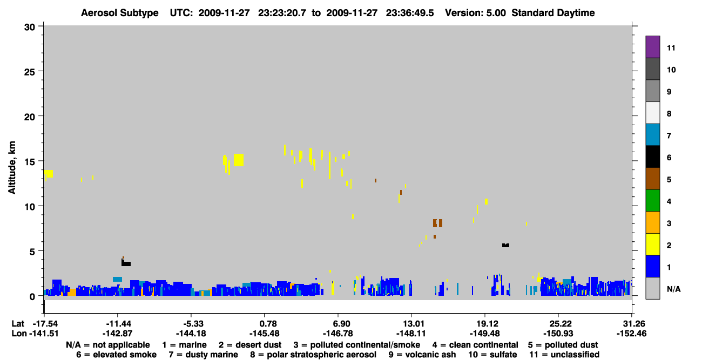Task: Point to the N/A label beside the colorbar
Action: click(x=673, y=289)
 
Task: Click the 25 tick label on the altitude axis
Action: click(x=30, y=72)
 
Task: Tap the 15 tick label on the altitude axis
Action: click(x=30, y=162)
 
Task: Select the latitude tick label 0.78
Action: click(x=264, y=324)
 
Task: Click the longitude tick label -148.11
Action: click(x=411, y=334)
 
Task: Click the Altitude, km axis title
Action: click(x=12, y=168)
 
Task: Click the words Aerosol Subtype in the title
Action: click(x=120, y=13)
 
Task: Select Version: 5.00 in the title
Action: click(x=475, y=13)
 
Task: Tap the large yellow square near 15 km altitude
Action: click(x=239, y=160)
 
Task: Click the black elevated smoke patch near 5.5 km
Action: click(x=505, y=246)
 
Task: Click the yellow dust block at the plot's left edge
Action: click(x=48, y=174)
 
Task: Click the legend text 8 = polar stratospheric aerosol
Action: click(x=313, y=355)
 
